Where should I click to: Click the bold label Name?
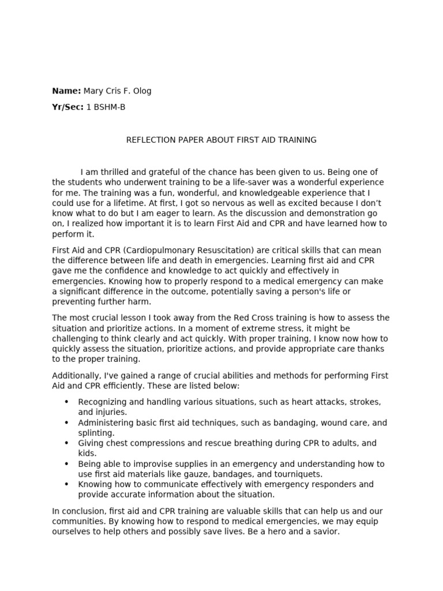[66, 91]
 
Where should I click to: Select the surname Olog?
[141, 91]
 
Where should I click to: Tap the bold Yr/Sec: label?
[67, 107]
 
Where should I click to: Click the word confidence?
[118, 271]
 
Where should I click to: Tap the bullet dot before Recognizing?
[66, 402]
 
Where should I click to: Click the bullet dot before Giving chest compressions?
[66, 443]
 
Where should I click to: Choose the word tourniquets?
[280, 474]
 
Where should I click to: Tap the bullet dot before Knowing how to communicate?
[66, 484]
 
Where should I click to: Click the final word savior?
[325, 532]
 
